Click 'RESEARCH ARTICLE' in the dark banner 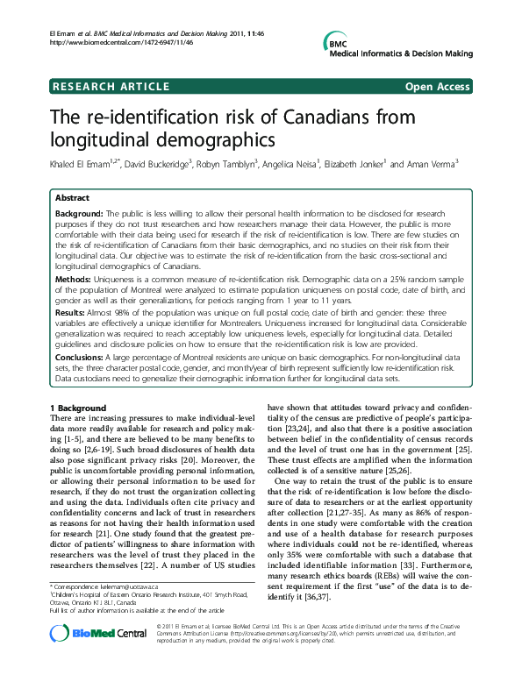point(111,86)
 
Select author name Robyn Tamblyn point(243,164)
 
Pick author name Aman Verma point(434,164)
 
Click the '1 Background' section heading point(78,408)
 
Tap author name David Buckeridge point(165,164)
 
